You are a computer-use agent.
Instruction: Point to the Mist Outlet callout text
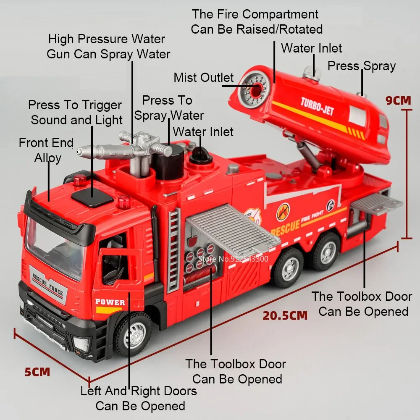pyautogui.click(x=203, y=78)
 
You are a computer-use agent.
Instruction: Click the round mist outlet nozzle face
pyautogui.click(x=253, y=89)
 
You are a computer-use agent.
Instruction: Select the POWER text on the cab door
pyautogui.click(x=110, y=302)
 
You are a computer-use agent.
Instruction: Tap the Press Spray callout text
pyautogui.click(x=361, y=66)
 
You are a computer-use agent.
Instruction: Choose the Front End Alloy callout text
pyautogui.click(x=47, y=150)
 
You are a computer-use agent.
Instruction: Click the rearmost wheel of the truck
pyautogui.click(x=326, y=251)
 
